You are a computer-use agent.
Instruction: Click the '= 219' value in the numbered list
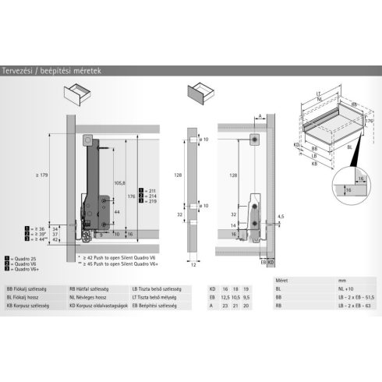(149, 201)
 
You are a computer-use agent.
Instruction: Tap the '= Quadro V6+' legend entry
(23, 268)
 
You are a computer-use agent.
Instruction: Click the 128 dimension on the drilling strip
(178, 176)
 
